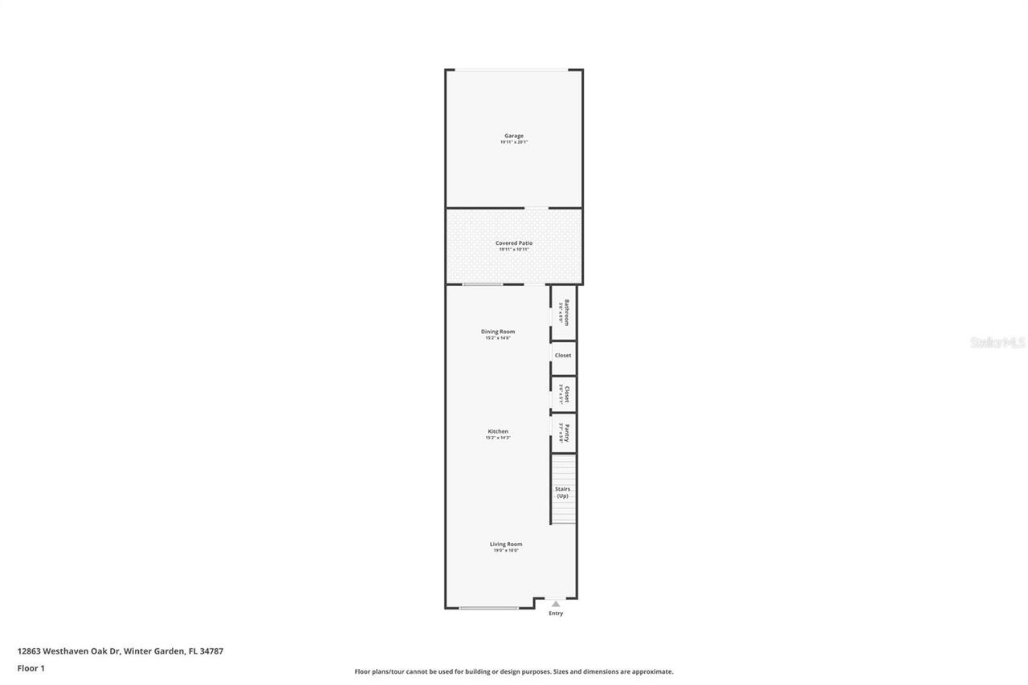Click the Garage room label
[514, 136]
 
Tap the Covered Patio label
[514, 243]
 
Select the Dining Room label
[498, 332]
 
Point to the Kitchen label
[498, 431]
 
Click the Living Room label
[506, 544]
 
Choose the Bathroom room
[564, 312]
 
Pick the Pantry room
[564, 433]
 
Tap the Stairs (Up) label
[563, 492]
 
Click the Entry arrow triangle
[556, 603]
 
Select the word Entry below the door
[556, 614]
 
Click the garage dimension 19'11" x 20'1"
[514, 142]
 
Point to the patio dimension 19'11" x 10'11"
[514, 250]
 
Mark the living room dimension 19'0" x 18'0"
[506, 550]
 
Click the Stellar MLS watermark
[997, 342]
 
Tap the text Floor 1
[31, 667]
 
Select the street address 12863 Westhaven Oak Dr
[69, 651]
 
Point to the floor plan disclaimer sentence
[514, 671]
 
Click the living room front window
[488, 608]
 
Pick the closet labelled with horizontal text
[563, 356]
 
